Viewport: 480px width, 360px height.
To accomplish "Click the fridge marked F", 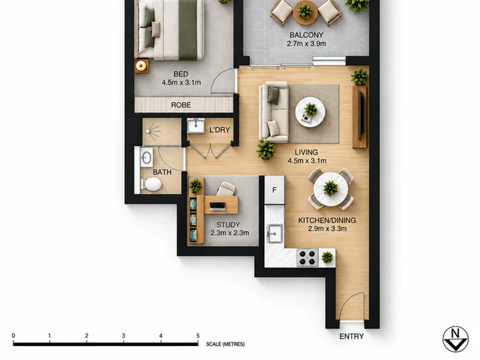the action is [275, 190].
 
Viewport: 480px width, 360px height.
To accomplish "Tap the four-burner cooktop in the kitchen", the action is [307, 257].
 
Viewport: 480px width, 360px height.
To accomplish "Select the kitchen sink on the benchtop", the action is [275, 233].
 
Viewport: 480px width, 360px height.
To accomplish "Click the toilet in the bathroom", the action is [151, 184].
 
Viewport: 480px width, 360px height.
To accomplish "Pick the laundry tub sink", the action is [196, 126].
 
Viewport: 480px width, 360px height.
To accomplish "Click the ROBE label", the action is [181, 105].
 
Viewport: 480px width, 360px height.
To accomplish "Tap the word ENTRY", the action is [351, 337].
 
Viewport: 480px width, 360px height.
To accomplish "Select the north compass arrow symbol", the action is [455, 339].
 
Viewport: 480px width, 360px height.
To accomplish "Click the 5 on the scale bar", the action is [198, 335].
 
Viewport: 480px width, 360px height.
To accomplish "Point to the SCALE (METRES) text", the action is [225, 344].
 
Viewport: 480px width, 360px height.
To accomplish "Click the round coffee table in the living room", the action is [310, 112].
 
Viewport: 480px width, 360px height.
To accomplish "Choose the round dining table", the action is [331, 189].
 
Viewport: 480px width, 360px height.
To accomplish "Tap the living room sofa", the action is [274, 112].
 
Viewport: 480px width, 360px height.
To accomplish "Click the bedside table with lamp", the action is [141, 66].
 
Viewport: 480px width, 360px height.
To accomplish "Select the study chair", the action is [226, 189].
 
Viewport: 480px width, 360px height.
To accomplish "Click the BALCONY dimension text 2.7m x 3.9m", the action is [307, 44].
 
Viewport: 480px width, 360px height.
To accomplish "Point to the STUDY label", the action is [228, 225].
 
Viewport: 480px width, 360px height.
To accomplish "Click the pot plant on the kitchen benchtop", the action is [327, 257].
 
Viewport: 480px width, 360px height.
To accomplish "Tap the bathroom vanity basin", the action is [146, 158].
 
